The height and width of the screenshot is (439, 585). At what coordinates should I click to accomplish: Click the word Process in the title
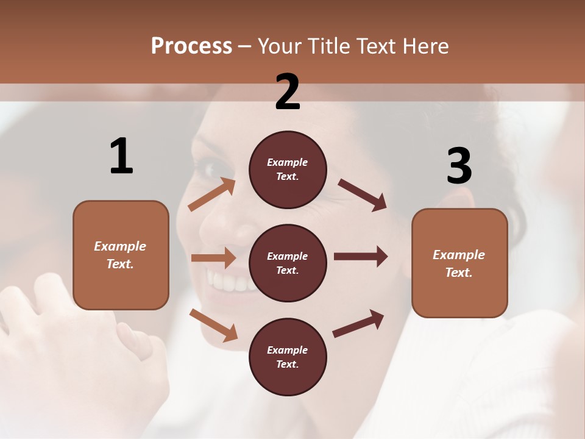[x=191, y=46]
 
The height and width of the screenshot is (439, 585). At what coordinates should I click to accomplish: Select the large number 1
[x=121, y=157]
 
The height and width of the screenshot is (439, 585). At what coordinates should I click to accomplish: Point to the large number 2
[x=288, y=92]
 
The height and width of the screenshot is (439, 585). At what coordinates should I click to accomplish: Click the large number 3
[x=459, y=166]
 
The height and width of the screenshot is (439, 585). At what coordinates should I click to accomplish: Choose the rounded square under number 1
[x=121, y=255]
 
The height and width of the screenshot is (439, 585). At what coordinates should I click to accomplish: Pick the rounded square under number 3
[x=459, y=263]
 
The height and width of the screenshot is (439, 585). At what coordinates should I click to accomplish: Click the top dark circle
[x=288, y=170]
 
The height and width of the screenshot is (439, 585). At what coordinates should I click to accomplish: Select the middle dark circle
[x=288, y=263]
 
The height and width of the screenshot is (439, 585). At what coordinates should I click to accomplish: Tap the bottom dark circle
[x=288, y=357]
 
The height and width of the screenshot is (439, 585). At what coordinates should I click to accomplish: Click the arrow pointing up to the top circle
[x=212, y=194]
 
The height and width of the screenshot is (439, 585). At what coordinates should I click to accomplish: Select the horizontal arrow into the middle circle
[x=213, y=258]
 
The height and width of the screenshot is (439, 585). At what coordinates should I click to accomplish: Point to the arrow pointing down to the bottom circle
[x=213, y=324]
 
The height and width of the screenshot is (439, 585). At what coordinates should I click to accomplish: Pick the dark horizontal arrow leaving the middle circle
[x=361, y=257]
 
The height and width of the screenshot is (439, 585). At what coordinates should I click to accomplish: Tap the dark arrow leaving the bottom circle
[x=358, y=323]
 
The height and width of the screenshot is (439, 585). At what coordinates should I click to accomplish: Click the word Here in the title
[x=425, y=46]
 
